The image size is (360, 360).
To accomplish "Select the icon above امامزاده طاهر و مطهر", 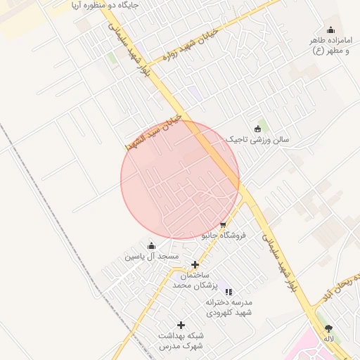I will coord(331,29).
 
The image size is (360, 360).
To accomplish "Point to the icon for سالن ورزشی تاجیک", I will coord(257,128).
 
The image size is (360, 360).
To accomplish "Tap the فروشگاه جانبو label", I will coord(224,236).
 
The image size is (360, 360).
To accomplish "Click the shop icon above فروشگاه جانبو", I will coord(223,225).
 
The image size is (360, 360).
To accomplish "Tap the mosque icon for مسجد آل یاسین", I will coord(151,245).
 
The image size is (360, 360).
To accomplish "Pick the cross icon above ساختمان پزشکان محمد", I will coord(195,264).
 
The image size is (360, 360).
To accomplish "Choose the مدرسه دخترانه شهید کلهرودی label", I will coord(229,307).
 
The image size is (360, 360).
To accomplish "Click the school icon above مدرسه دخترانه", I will coord(229,291).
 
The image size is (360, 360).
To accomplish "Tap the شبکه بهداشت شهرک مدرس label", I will coord(181,341).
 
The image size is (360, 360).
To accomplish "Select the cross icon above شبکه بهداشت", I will coord(181,325).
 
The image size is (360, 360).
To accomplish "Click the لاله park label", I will coord(328,339).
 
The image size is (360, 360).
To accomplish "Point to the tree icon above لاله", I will coord(328,328).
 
